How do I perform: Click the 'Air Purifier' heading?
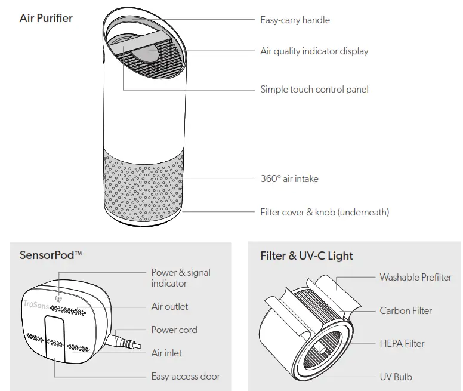(46, 18)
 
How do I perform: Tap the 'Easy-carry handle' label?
(295, 20)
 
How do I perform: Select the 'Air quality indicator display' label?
(314, 51)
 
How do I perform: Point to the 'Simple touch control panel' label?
(314, 89)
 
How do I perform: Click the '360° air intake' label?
(289, 178)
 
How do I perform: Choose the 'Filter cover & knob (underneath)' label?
(325, 212)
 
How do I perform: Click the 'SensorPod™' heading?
(51, 255)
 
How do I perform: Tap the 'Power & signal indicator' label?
(180, 278)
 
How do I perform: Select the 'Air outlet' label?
(169, 306)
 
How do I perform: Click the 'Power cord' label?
(174, 330)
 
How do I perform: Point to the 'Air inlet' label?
(166, 353)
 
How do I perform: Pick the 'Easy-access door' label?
(185, 376)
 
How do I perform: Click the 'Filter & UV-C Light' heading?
(306, 255)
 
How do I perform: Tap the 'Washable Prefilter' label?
(415, 277)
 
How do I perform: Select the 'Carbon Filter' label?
(406, 310)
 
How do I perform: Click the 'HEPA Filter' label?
(402, 343)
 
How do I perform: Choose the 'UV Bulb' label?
(396, 377)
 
